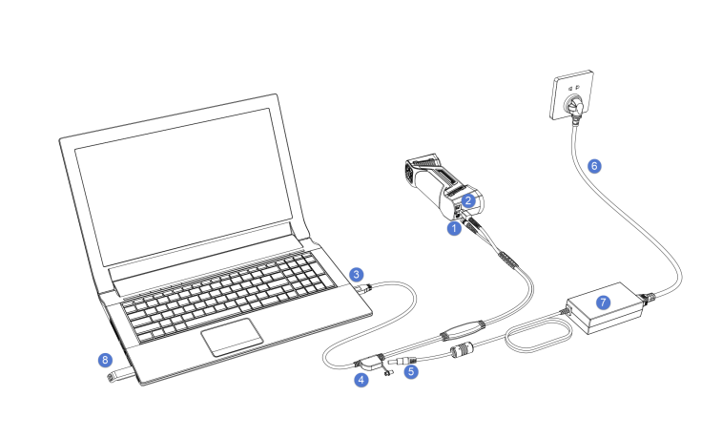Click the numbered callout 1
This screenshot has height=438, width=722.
(x=454, y=228)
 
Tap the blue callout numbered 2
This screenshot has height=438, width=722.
(x=468, y=200)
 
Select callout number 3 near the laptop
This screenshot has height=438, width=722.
(x=357, y=275)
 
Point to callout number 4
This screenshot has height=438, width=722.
(x=361, y=380)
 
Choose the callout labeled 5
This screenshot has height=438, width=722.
(x=411, y=371)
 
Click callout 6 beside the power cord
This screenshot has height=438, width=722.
(x=594, y=166)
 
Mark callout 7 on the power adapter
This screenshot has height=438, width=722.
(x=603, y=302)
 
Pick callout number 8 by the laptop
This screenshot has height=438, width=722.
(x=106, y=360)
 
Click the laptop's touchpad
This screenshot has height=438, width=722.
(x=232, y=337)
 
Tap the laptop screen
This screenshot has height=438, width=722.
(x=183, y=186)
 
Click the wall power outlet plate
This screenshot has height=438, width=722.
(x=572, y=94)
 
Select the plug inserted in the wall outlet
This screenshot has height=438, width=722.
(x=575, y=110)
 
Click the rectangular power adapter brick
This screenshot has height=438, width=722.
(x=604, y=307)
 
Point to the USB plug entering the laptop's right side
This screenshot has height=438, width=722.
(x=366, y=289)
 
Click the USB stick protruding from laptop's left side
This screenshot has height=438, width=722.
(x=121, y=375)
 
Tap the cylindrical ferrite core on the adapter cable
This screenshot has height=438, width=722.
(x=463, y=351)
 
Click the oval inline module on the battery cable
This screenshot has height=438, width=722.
(x=463, y=330)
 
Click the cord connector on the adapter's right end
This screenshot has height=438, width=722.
(x=648, y=298)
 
